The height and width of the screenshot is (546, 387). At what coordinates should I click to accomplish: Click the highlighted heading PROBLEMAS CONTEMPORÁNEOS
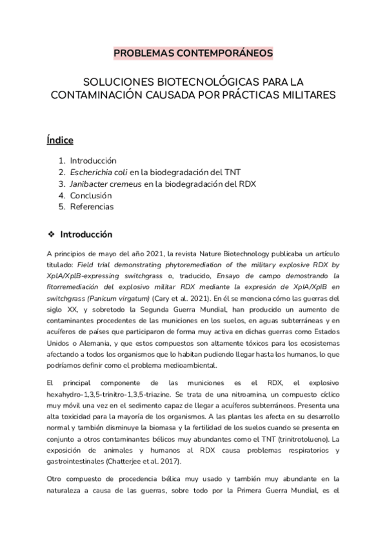pos(193,53)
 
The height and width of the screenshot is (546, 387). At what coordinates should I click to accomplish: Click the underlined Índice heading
pos(60,140)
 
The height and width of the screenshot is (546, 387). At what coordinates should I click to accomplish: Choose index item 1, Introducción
pos(93,160)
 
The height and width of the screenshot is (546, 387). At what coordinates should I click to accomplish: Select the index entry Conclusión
pos(91,195)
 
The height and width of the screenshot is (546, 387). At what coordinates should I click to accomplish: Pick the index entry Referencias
pos(92,207)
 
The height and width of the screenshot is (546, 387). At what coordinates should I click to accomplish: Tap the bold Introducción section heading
pos(86,234)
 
